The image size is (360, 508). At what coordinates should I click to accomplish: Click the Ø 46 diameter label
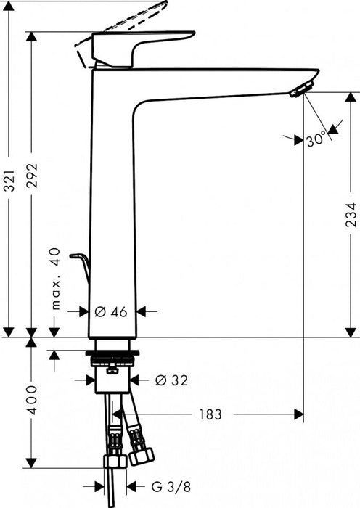click(111, 311)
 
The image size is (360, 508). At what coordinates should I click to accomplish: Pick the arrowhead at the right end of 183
click(298, 414)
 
